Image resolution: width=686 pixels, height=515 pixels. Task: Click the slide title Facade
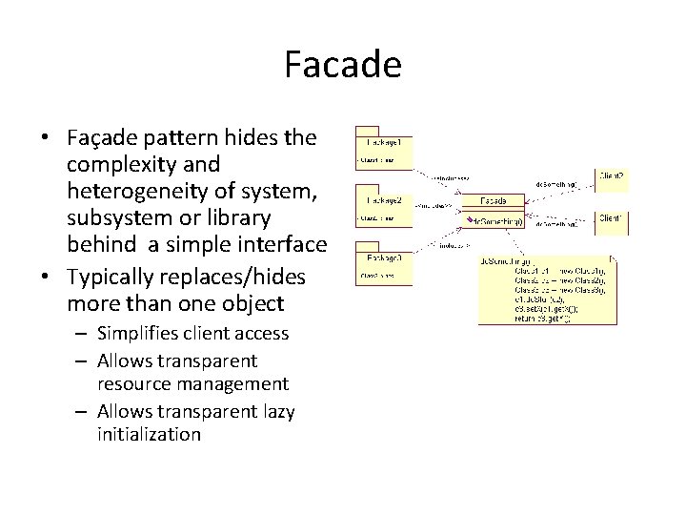pyautogui.click(x=343, y=65)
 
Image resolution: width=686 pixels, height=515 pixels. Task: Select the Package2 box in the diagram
pyautogui.click(x=383, y=209)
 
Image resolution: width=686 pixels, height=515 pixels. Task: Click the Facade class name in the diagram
pyautogui.click(x=493, y=201)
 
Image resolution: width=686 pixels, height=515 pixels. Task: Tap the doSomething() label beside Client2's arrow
pyautogui.click(x=560, y=183)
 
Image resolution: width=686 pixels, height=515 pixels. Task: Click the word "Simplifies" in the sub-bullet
pyautogui.click(x=133, y=334)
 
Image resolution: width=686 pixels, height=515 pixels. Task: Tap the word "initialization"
pyautogui.click(x=149, y=435)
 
